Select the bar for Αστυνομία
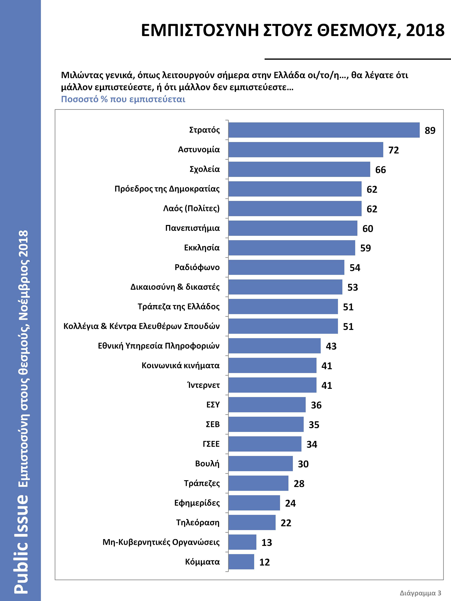(305, 149)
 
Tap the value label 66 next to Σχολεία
(380, 170)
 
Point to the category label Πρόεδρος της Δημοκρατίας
(167, 189)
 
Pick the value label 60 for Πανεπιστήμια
(368, 229)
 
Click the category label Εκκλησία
(202, 248)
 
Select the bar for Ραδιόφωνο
(286, 267)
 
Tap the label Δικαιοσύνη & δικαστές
(175, 287)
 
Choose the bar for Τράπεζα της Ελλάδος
(283, 307)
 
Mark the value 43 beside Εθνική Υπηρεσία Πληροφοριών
(331, 346)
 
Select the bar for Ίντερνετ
(272, 385)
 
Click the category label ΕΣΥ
(213, 405)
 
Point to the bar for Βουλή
(260, 464)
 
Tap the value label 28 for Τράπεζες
(299, 484)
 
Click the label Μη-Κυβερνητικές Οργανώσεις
(161, 542)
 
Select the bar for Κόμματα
(241, 562)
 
